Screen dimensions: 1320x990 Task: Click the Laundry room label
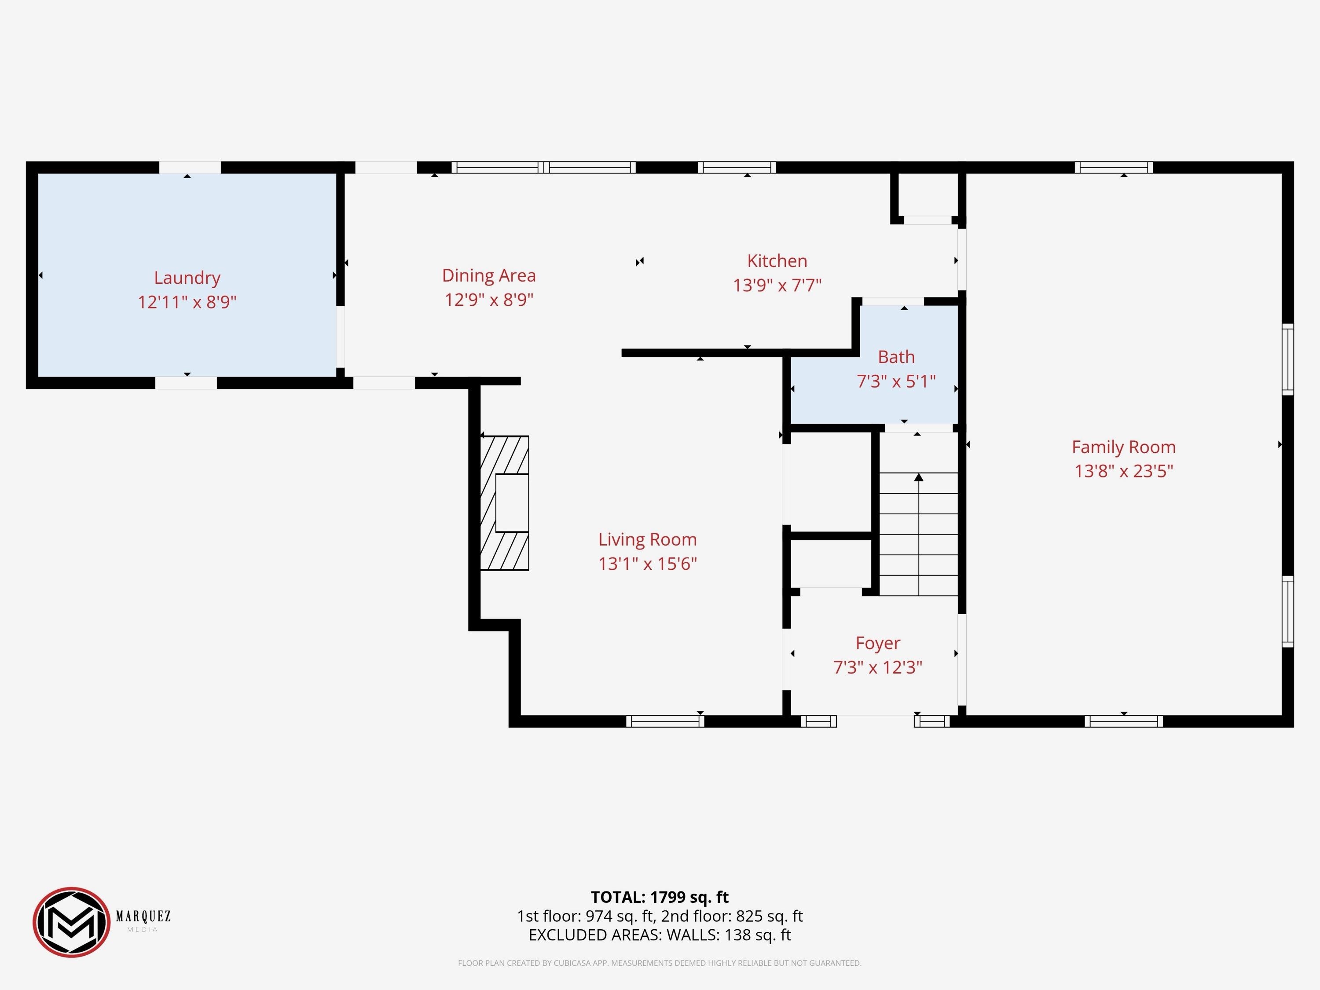(x=187, y=278)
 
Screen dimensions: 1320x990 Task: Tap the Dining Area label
(x=489, y=276)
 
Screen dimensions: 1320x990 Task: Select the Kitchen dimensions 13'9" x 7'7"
(x=777, y=285)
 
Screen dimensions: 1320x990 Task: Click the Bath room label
(x=896, y=357)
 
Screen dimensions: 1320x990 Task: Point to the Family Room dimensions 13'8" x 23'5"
(x=1124, y=471)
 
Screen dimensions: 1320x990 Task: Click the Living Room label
(x=648, y=539)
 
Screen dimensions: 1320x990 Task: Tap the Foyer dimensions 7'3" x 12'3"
(x=878, y=667)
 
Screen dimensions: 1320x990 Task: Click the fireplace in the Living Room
(x=504, y=502)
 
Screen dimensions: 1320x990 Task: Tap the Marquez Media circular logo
(x=72, y=922)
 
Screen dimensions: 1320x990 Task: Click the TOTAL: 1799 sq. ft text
(x=660, y=897)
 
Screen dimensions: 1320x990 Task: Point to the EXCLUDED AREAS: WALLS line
(x=660, y=935)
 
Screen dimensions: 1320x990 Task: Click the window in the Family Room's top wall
(x=1114, y=167)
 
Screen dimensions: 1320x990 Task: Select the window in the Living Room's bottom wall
(x=665, y=721)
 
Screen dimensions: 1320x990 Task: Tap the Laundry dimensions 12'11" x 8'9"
(x=187, y=302)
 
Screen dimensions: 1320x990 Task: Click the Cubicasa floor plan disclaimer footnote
(x=660, y=963)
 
